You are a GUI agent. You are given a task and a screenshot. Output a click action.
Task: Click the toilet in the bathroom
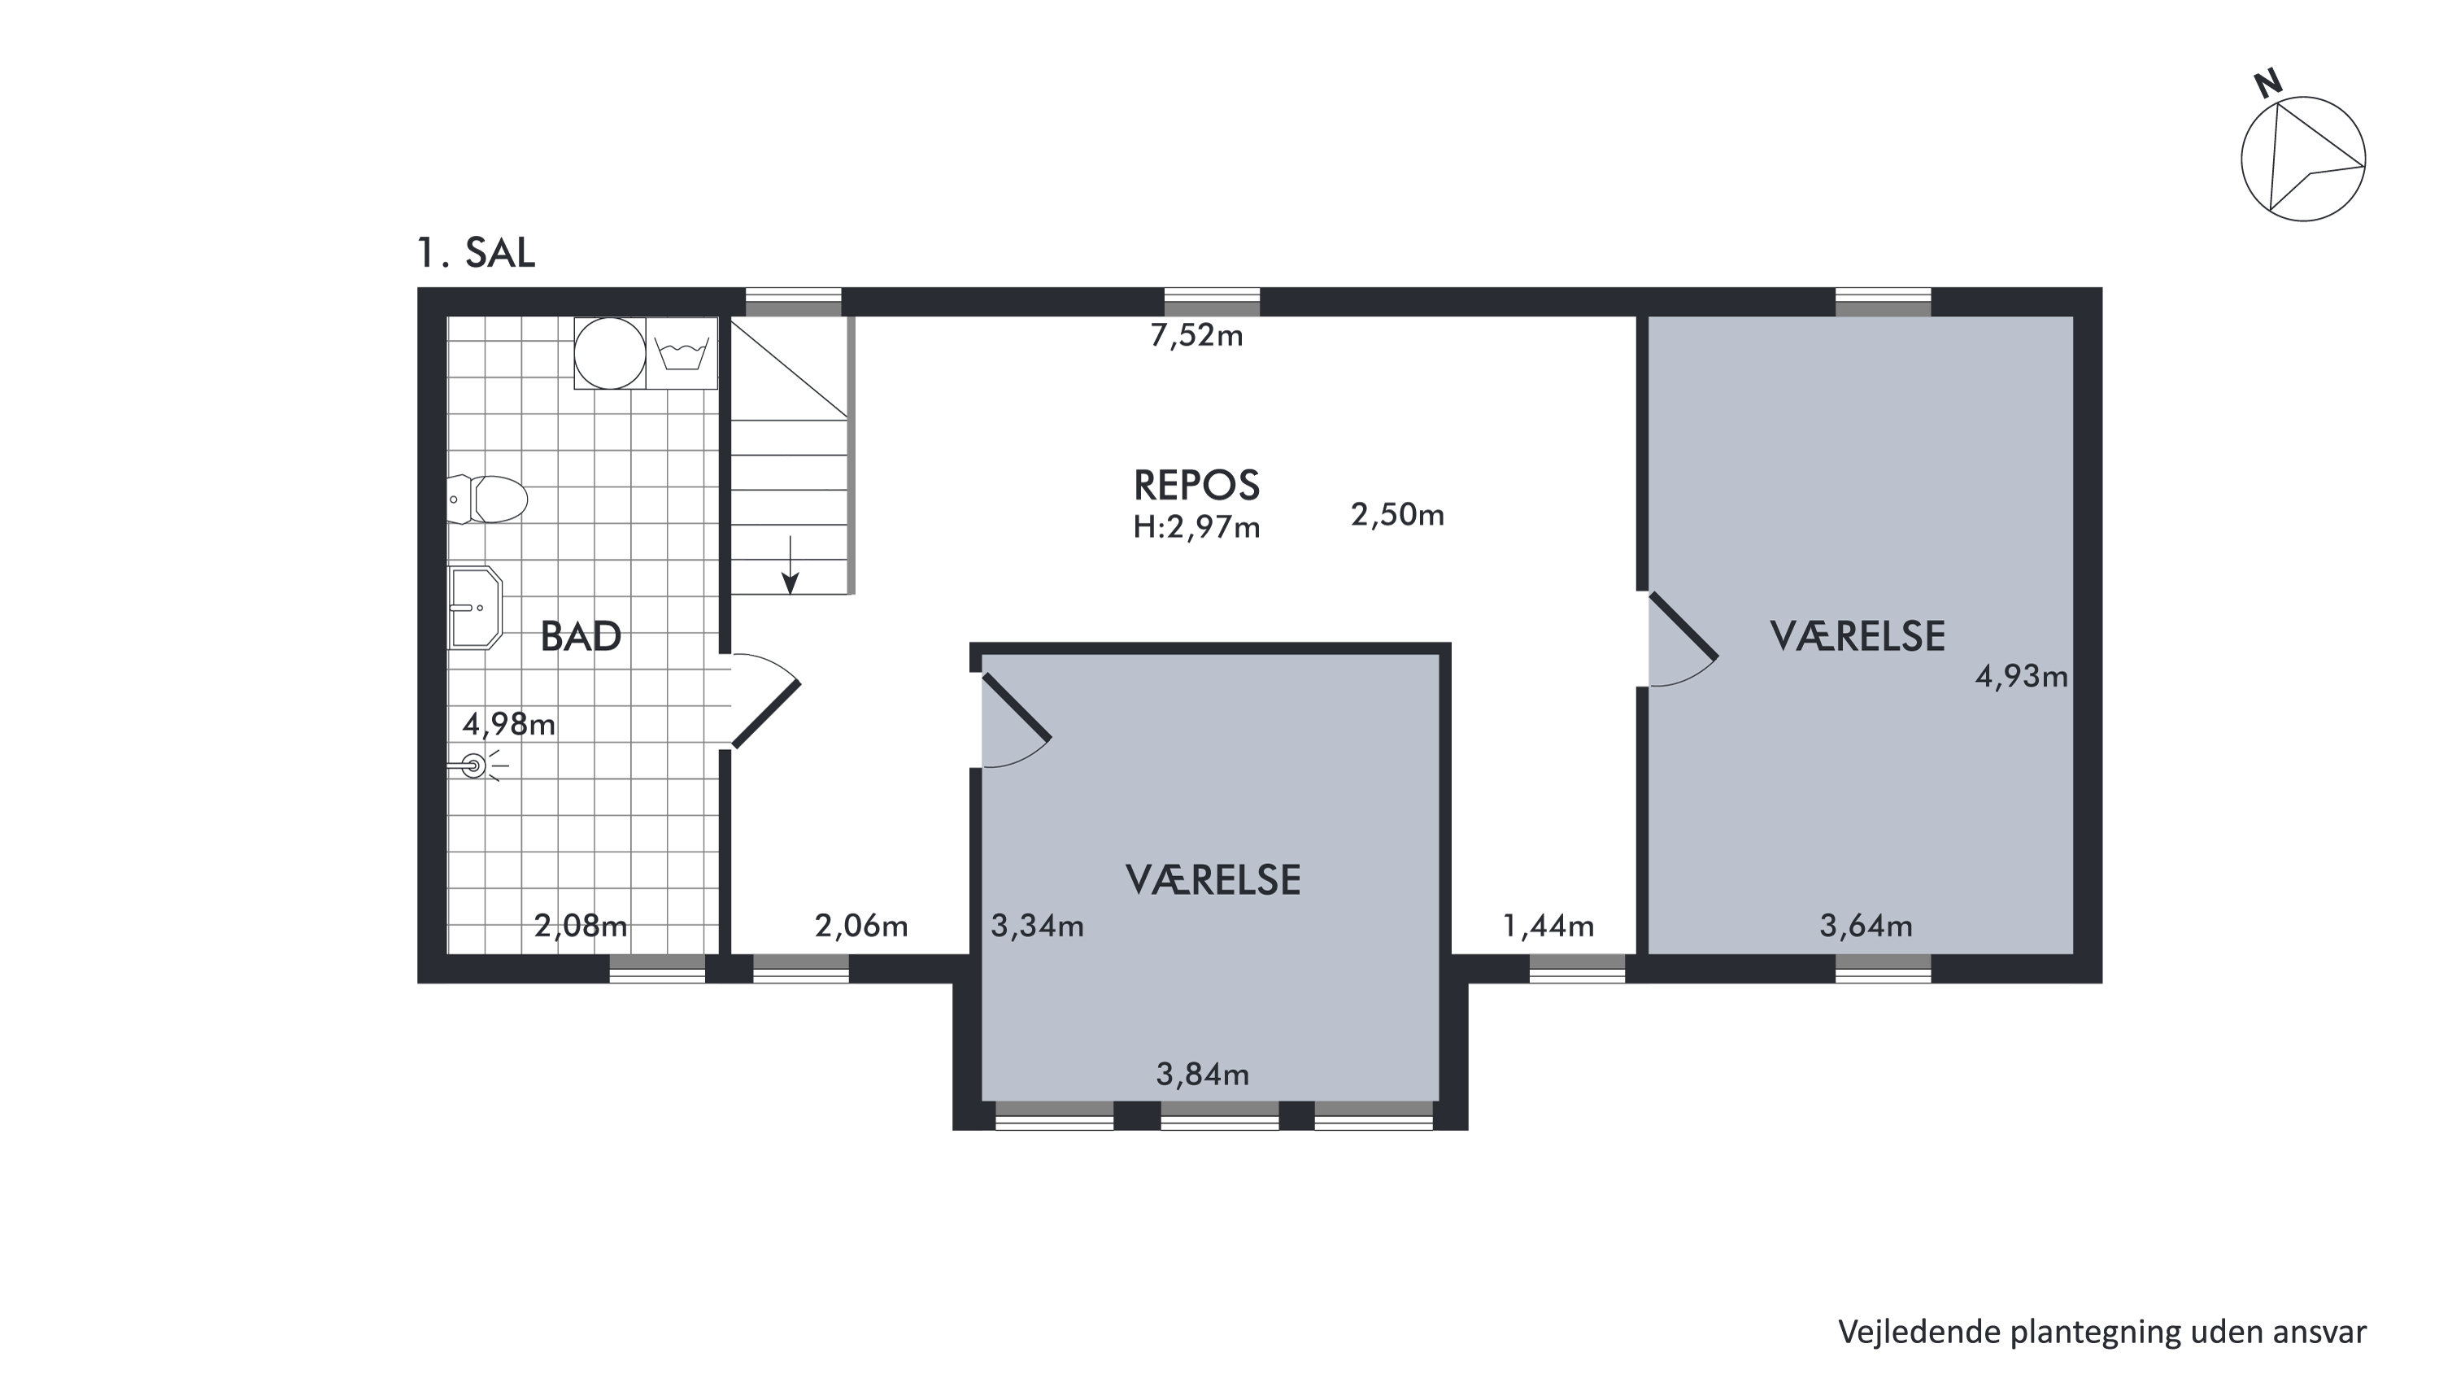(x=486, y=499)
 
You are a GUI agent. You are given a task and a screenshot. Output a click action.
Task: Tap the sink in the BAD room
(x=474, y=608)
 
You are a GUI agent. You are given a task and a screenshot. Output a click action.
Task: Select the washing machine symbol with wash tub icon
(x=682, y=353)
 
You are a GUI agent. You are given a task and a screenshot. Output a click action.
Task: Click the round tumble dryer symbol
(x=610, y=353)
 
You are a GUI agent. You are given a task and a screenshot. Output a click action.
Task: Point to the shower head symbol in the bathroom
(x=474, y=766)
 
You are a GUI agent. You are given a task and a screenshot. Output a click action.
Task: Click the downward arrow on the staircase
(x=790, y=565)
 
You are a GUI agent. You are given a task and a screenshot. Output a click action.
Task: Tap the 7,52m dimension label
(x=1197, y=335)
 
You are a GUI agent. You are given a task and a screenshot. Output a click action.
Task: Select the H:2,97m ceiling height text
(x=1197, y=526)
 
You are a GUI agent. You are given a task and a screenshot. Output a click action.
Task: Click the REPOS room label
(x=1197, y=485)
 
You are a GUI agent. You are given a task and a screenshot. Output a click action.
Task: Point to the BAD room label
(x=581, y=636)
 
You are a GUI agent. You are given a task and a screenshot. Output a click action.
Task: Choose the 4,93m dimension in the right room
(x=2022, y=676)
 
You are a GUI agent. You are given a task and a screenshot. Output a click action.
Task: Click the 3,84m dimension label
(x=1203, y=1074)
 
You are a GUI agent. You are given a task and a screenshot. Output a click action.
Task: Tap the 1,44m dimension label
(x=1549, y=925)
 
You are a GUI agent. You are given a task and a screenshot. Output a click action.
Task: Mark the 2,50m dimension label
(x=1397, y=514)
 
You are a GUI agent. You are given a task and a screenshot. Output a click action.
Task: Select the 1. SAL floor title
(x=477, y=253)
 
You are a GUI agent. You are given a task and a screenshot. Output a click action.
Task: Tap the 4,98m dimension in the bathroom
(x=508, y=724)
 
